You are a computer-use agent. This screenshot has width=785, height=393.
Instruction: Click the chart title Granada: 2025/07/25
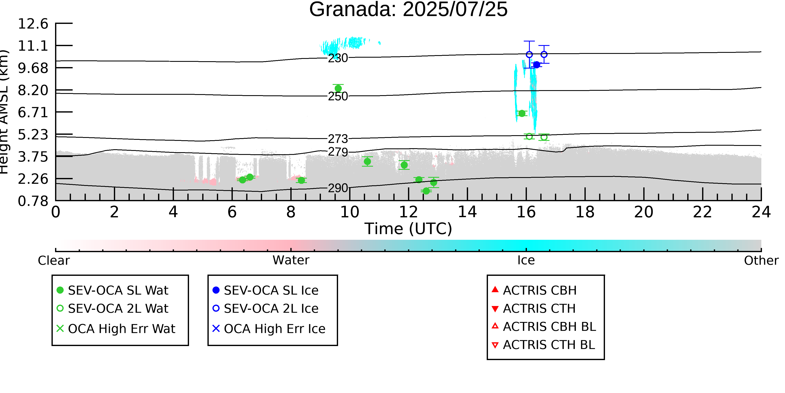[408, 9]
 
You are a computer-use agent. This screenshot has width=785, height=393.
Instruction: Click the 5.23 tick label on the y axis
[33, 135]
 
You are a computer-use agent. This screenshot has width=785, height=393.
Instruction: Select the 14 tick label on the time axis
[467, 212]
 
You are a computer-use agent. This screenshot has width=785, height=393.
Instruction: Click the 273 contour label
[338, 139]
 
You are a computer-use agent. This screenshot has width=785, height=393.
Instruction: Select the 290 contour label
[338, 188]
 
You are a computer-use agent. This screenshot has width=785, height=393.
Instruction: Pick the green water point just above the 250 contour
[338, 88]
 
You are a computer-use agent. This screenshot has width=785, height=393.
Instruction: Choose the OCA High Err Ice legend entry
[269, 329]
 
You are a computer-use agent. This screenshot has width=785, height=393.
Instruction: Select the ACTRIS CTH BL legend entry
[543, 345]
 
